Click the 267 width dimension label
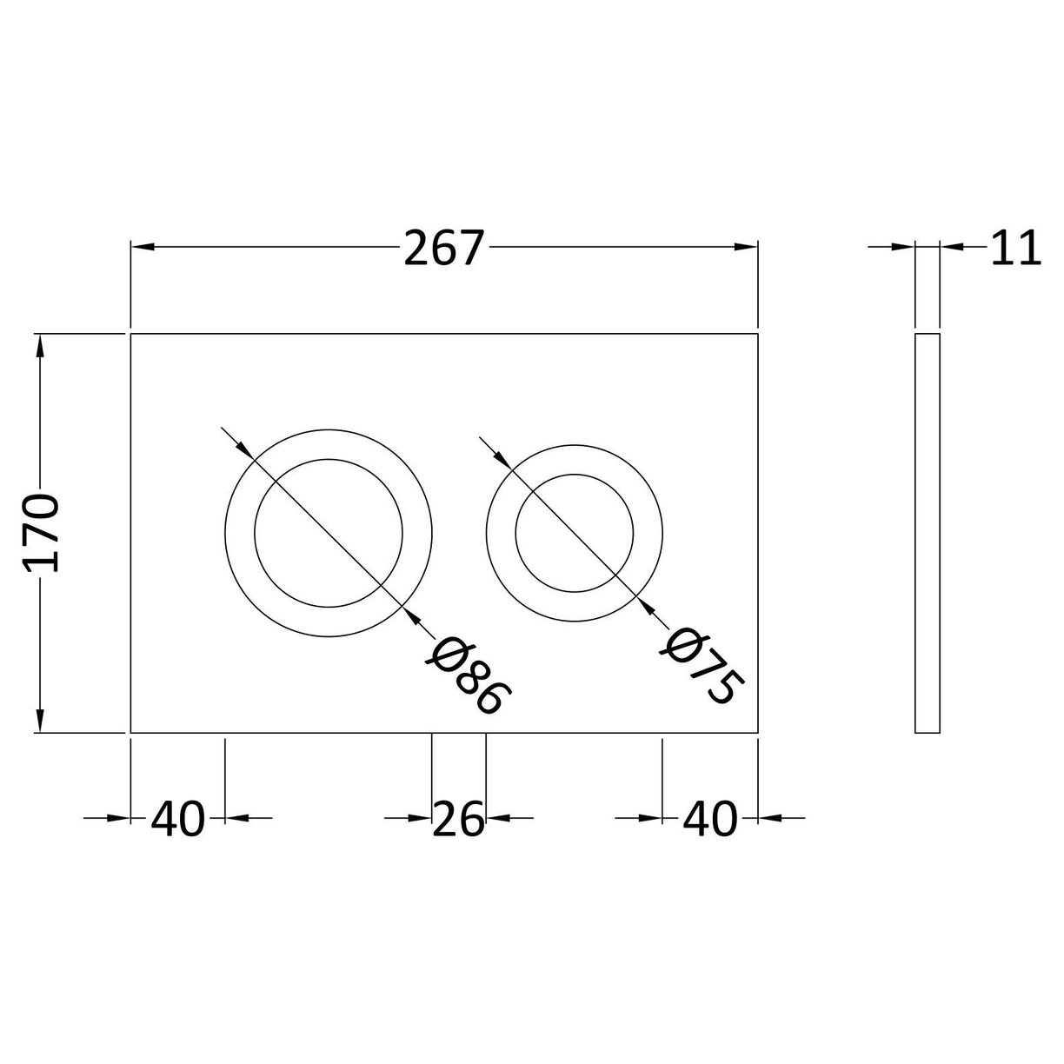point(442,249)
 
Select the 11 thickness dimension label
point(1014,249)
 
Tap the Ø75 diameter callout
point(704,664)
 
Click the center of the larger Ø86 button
point(329,533)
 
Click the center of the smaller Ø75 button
point(575,533)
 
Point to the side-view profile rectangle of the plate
point(928,533)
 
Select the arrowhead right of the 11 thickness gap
point(951,249)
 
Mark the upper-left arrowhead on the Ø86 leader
point(243,447)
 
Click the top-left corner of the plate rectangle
point(130,334)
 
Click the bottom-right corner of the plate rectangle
point(759,733)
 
